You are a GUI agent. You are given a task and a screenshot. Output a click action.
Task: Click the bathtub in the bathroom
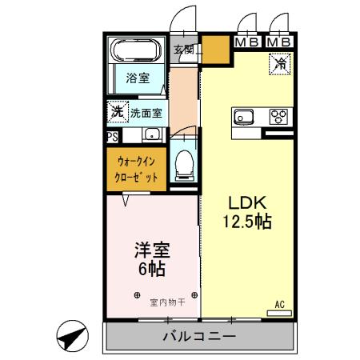(x=137, y=53)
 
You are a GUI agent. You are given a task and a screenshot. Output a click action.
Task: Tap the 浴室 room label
(x=137, y=78)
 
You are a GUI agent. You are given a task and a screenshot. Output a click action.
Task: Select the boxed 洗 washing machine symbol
(x=117, y=113)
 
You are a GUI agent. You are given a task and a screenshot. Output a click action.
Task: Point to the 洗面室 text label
(x=146, y=114)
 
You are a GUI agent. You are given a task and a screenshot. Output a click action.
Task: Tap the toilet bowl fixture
(x=183, y=165)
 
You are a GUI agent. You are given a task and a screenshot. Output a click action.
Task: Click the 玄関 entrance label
(x=185, y=50)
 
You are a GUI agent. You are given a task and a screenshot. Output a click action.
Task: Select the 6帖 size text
(x=150, y=269)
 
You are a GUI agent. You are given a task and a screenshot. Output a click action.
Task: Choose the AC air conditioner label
(x=280, y=305)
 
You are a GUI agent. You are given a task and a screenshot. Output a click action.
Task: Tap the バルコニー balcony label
(x=198, y=336)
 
